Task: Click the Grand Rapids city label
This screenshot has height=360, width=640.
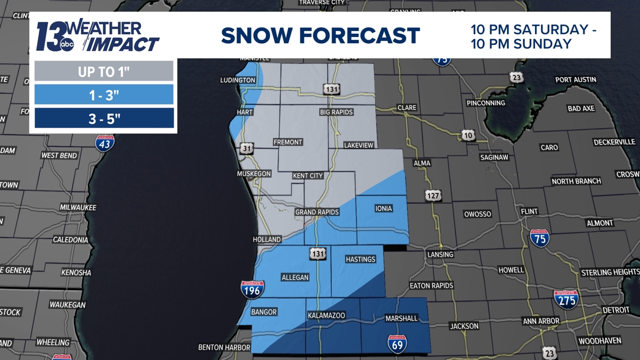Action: click(317, 212)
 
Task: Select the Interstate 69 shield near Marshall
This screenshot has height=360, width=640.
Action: click(397, 343)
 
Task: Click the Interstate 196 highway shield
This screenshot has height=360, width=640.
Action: click(252, 289)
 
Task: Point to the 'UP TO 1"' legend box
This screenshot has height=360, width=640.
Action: click(104, 72)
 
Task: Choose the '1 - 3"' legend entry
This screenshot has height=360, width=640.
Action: click(104, 95)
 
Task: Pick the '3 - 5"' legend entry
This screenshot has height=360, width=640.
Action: click(104, 119)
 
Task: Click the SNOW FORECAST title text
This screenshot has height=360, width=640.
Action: click(320, 35)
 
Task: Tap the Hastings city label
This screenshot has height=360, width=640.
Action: click(360, 259)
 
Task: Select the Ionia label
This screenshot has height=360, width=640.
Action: click(383, 209)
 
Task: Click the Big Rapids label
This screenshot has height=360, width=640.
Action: click(336, 112)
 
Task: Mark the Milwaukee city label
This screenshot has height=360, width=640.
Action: click(78, 207)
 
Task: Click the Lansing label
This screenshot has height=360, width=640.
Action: click(440, 254)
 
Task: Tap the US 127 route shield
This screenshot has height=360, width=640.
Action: click(433, 195)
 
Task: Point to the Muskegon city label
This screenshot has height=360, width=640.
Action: click(254, 174)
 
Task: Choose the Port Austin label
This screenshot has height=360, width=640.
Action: click(575, 80)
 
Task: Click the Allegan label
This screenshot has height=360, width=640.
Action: click(295, 277)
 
